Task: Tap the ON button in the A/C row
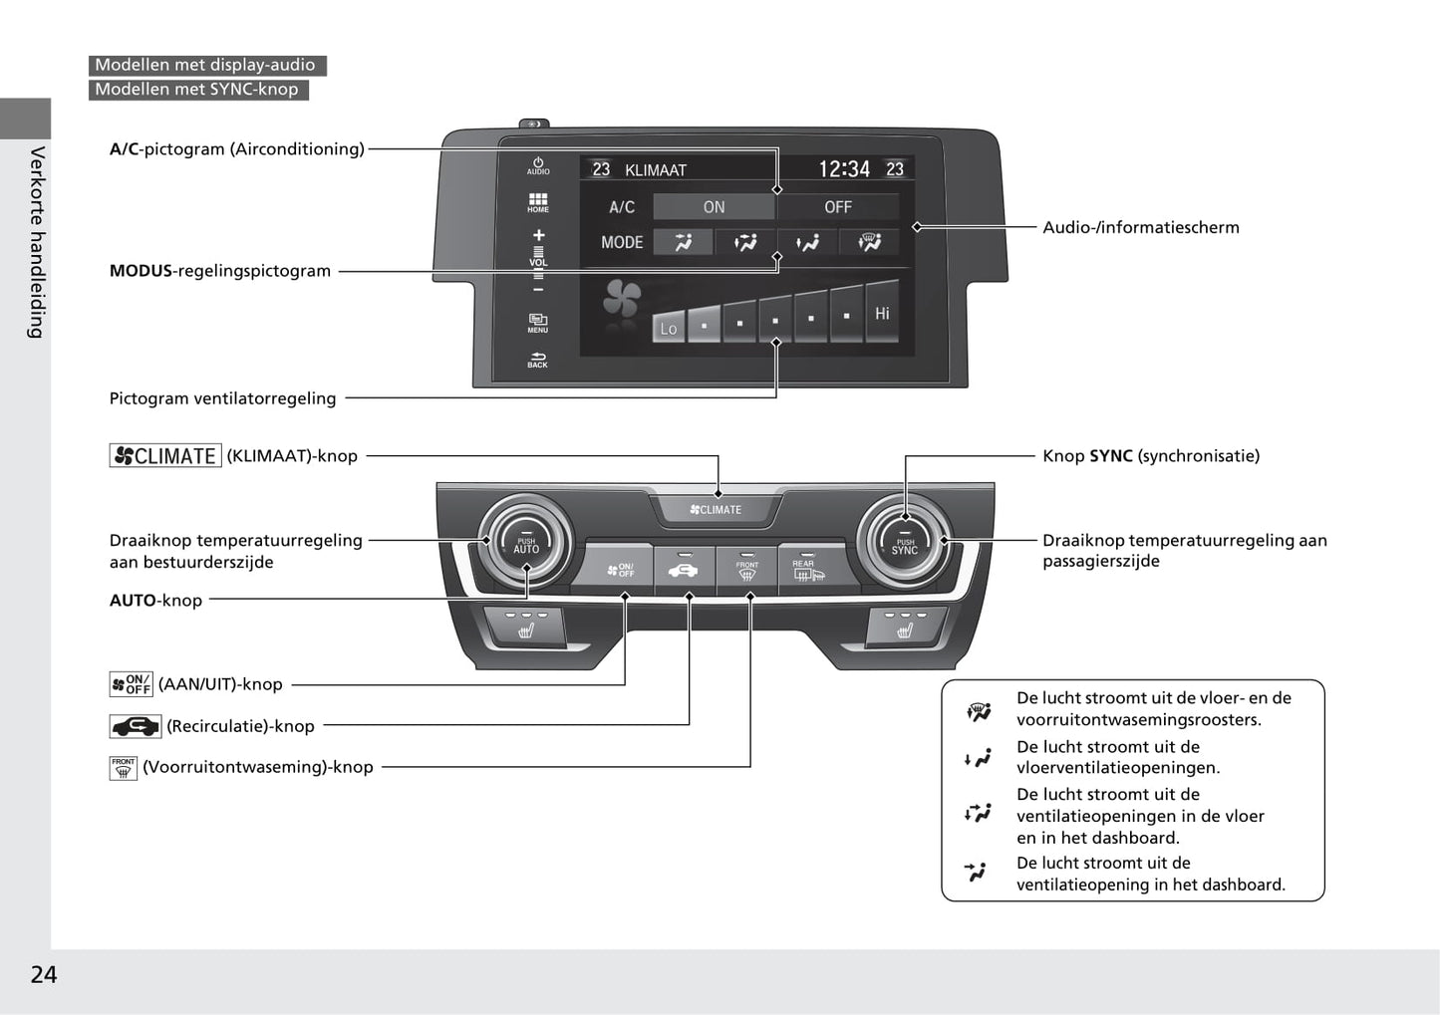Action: coord(714,207)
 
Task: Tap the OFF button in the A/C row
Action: coord(837,207)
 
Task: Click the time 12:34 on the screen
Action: coord(844,169)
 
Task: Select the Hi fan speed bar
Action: coord(882,313)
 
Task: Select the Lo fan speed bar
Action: coord(669,328)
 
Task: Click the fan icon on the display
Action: coord(622,299)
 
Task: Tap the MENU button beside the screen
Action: coord(538,323)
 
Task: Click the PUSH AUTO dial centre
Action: coord(526,545)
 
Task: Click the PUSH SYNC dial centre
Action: coord(905,545)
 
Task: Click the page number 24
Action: coord(44,974)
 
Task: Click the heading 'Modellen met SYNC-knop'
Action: coord(197,90)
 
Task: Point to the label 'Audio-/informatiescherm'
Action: coord(1141,227)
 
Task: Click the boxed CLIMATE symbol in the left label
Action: coord(165,456)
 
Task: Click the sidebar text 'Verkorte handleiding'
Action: coord(37,242)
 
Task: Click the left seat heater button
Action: coord(525,627)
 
